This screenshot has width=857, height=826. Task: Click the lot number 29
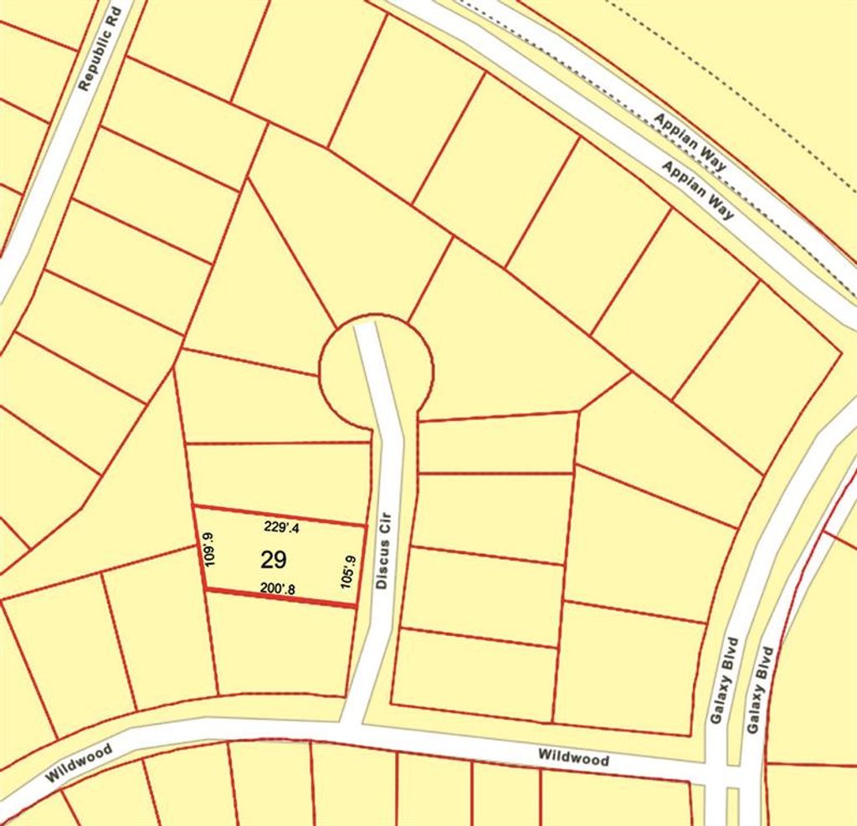tap(274, 559)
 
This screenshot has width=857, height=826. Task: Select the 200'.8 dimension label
tap(277, 589)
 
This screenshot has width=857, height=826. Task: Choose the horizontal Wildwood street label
tap(573, 759)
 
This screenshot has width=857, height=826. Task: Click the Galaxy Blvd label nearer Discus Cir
tap(722, 682)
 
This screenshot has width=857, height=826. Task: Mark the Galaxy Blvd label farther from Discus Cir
tap(758, 690)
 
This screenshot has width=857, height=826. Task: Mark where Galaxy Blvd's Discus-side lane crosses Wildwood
tap(716, 773)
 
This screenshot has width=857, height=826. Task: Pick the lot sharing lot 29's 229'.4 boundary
tap(276, 475)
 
